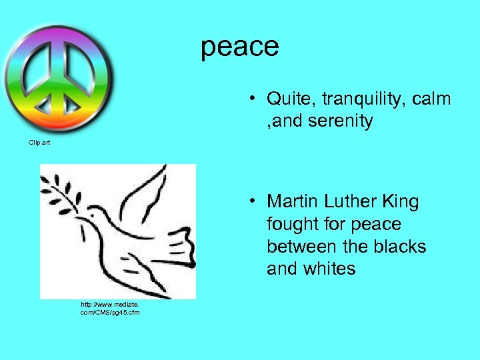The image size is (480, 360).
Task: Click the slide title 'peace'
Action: [240, 47]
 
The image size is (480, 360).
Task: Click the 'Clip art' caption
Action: [39, 142]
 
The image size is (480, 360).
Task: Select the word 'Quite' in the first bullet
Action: [291, 99]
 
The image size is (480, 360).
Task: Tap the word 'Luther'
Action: [351, 201]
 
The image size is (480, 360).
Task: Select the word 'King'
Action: [402, 201]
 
